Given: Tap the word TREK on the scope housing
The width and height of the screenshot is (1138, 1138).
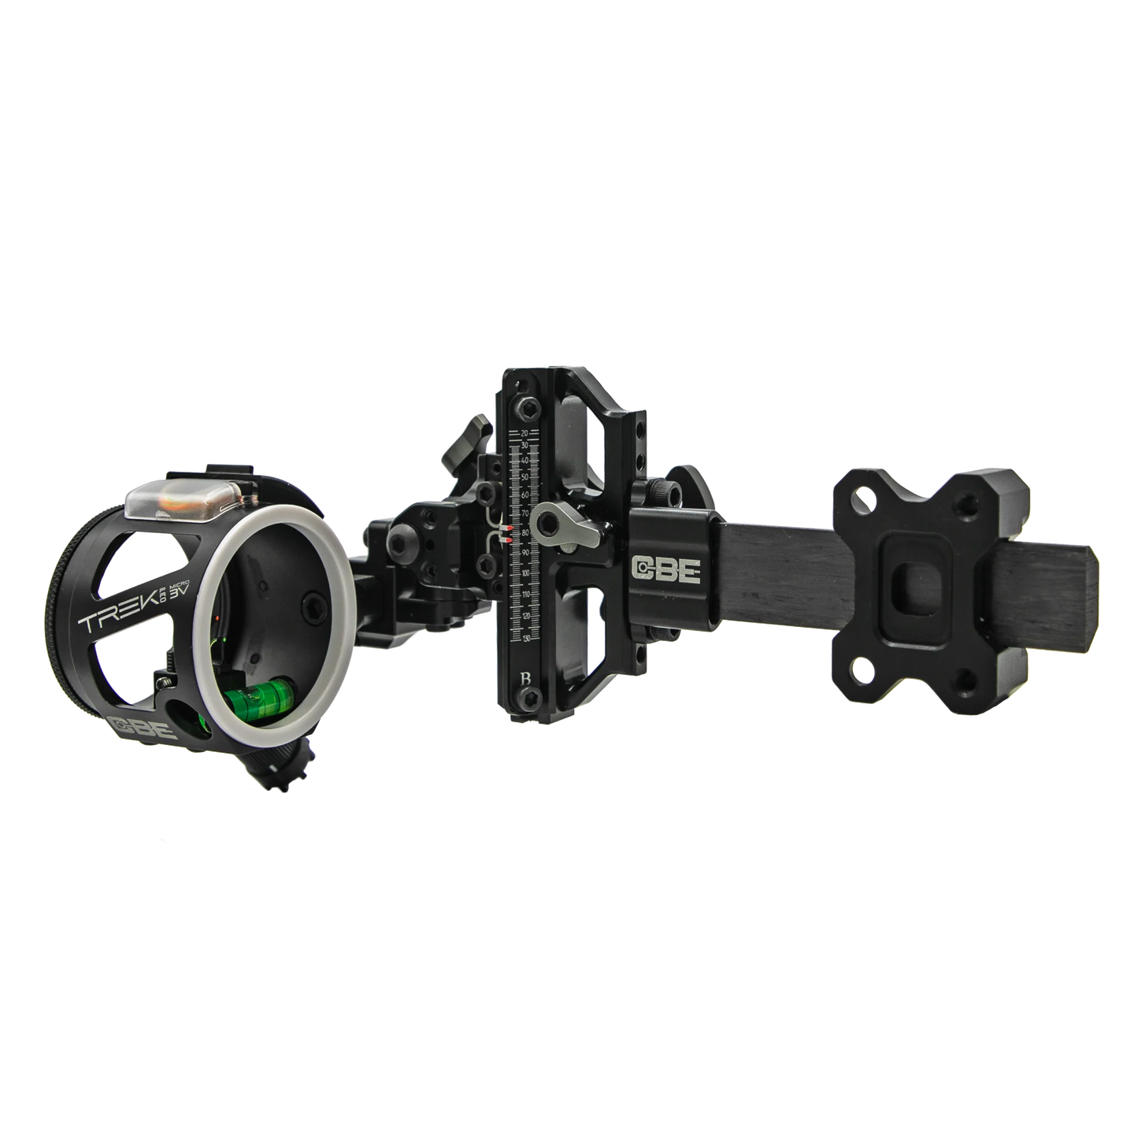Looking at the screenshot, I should tap(110, 621).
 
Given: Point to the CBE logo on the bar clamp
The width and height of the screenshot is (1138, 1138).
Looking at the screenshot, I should tap(665, 570).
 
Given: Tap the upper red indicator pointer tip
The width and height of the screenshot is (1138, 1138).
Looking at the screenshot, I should tap(510, 527).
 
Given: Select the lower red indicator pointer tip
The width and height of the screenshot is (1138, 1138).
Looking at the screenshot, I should tap(510, 539).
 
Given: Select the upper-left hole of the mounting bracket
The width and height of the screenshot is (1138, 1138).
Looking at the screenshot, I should tap(866, 497).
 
